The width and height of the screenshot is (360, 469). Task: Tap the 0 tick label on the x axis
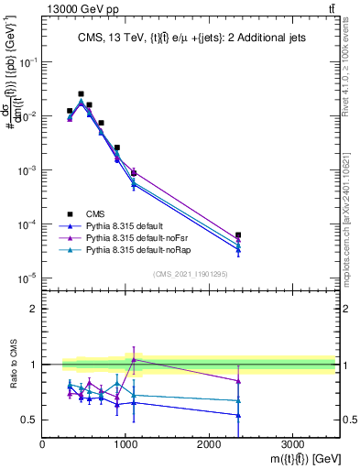tap(43, 442)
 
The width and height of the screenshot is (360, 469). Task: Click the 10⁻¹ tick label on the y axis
tap(27, 61)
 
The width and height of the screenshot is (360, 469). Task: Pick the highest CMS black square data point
tap(81, 93)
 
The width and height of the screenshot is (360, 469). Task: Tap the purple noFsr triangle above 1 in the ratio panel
tap(134, 360)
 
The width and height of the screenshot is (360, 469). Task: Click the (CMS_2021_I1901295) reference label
tap(189, 273)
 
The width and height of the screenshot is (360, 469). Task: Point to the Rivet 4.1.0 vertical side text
tap(351, 73)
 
